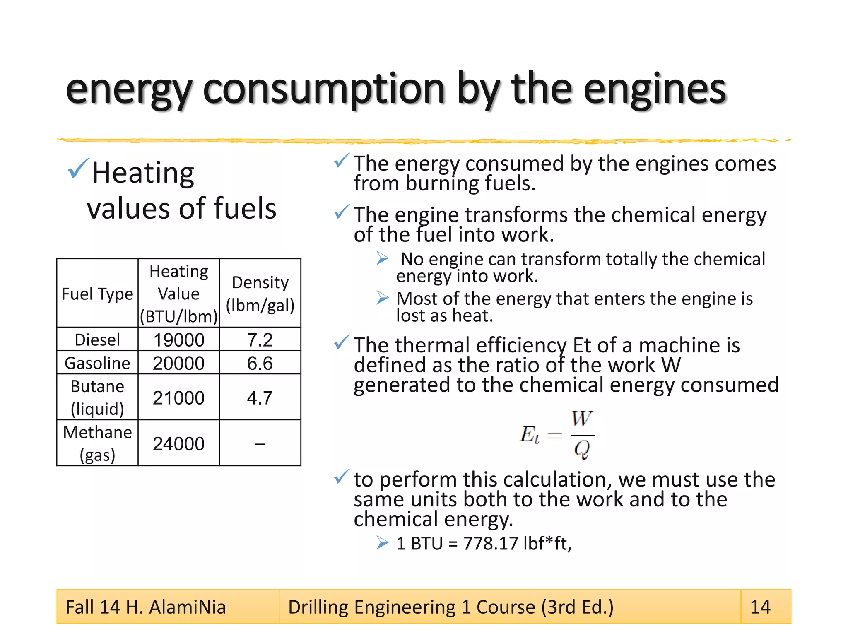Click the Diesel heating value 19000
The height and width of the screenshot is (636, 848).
point(178,340)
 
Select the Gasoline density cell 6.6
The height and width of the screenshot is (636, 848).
point(260,363)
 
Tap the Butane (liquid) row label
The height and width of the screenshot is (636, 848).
point(97,397)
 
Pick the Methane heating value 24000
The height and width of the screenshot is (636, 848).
point(178,444)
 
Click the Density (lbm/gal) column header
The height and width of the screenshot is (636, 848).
point(260,294)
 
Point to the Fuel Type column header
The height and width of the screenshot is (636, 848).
point(97,294)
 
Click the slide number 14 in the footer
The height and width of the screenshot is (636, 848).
point(760,607)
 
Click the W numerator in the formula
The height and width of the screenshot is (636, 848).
point(582,418)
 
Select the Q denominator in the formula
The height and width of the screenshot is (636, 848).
point(582,449)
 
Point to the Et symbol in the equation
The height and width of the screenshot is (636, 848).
point(530,435)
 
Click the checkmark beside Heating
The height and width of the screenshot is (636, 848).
point(78,169)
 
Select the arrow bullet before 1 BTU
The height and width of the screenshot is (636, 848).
point(383,542)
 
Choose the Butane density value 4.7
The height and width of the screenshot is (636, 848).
point(260,397)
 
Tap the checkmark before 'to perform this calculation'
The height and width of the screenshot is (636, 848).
point(342,477)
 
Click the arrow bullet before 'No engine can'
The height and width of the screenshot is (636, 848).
point(383,258)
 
